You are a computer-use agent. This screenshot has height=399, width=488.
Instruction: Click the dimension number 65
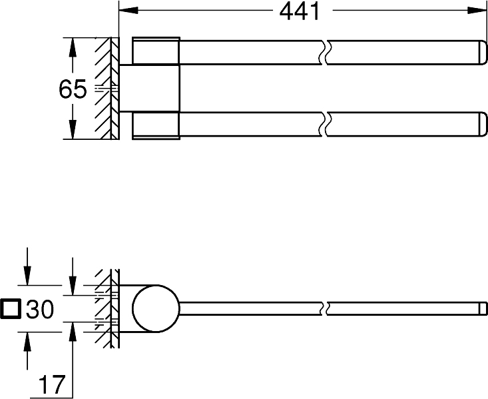pyautogui.click(x=73, y=89)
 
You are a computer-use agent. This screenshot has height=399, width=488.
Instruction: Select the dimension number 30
pyautogui.click(x=40, y=308)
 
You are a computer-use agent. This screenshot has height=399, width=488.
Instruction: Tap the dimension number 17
pyautogui.click(x=50, y=384)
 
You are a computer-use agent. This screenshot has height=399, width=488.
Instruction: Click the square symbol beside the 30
pyautogui.click(x=11, y=308)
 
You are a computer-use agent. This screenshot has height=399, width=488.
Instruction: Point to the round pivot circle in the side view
pyautogui.click(x=155, y=309)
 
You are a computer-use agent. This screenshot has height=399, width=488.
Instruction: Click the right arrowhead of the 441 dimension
pyautogui.click(x=477, y=11)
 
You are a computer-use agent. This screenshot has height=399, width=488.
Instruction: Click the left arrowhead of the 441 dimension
pyautogui.click(x=127, y=11)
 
